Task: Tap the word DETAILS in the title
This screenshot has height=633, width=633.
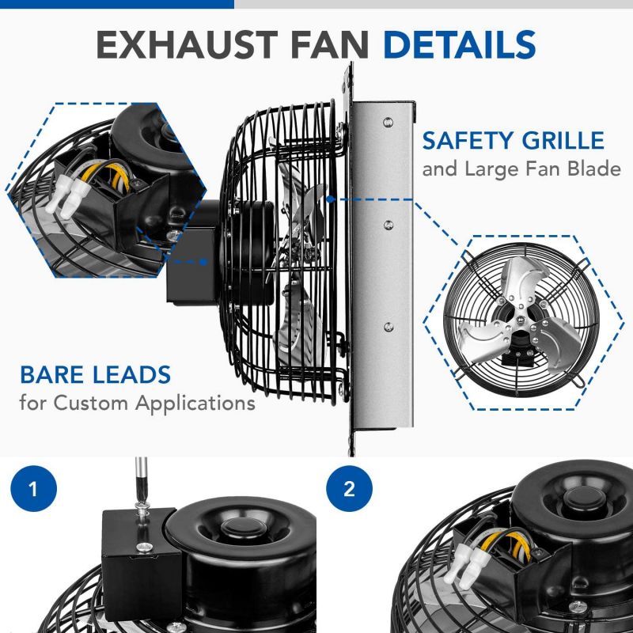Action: point(460,46)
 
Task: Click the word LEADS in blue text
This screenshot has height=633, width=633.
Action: point(132,375)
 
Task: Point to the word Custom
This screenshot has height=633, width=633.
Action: point(98,403)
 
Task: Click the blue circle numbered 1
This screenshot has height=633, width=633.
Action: point(32,489)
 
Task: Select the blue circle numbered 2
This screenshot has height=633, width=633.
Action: point(349,489)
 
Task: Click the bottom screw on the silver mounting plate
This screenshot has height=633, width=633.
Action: point(387,324)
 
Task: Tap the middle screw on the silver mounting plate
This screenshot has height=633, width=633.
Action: point(387,225)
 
